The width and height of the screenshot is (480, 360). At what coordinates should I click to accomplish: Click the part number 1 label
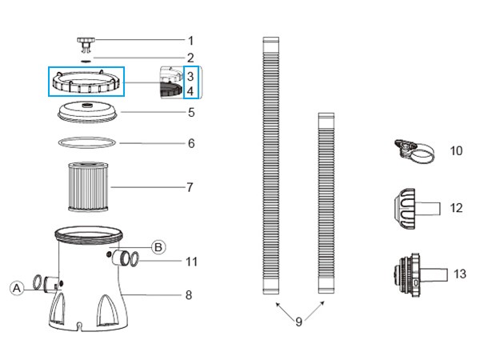[190, 39]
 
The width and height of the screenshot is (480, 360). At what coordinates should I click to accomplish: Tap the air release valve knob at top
[86, 40]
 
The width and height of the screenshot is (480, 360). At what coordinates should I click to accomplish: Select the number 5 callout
[190, 113]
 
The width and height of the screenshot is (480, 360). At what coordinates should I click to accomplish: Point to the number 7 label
[190, 188]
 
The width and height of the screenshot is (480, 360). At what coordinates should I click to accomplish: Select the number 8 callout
[189, 294]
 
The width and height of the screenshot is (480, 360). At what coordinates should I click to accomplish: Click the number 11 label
[191, 261]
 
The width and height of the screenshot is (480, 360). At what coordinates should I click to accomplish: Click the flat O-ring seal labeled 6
[87, 144]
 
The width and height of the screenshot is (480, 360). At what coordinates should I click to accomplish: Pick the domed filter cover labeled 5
[87, 112]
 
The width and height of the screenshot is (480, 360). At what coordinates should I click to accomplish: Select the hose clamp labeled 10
[415, 150]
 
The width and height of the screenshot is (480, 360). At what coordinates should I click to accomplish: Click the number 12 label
[457, 208]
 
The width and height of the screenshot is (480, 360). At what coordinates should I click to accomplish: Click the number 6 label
[190, 144]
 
